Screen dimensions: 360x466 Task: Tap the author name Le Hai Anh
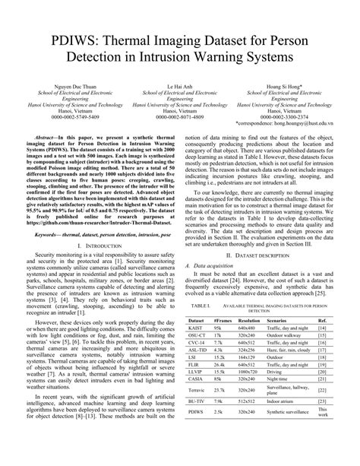[179, 109]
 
